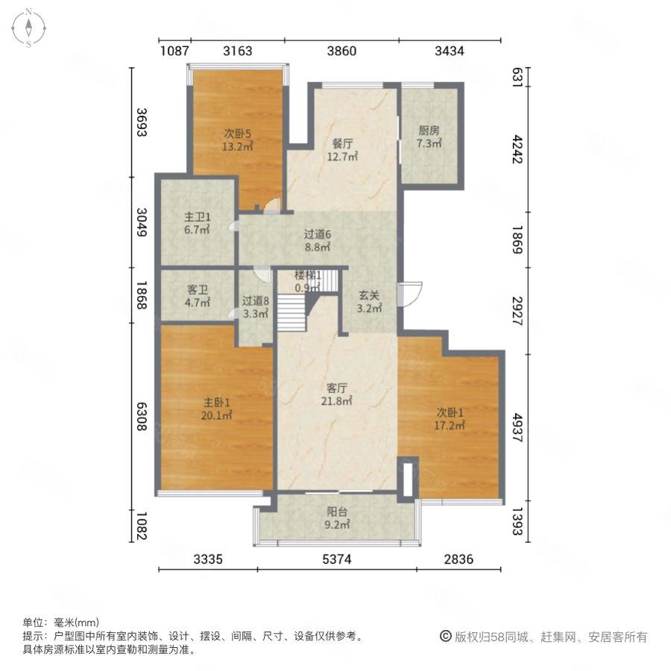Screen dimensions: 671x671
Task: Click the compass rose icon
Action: pyautogui.click(x=28, y=28)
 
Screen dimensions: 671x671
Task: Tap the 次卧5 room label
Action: pyautogui.click(x=238, y=139)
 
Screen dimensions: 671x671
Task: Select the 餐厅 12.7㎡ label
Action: pyautogui.click(x=342, y=150)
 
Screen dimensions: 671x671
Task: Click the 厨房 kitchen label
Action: pyautogui.click(x=429, y=137)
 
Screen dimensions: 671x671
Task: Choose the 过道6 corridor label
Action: pyautogui.click(x=317, y=241)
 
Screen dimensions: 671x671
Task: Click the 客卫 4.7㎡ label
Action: pyautogui.click(x=198, y=297)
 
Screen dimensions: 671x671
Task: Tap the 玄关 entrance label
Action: pyautogui.click(x=369, y=302)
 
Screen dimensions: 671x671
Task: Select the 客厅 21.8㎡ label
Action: pyautogui.click(x=337, y=394)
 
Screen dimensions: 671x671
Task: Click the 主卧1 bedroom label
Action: pyautogui.click(x=216, y=409)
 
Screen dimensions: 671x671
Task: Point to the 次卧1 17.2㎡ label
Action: pyautogui.click(x=450, y=419)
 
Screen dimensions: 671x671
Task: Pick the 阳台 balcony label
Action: pyautogui.click(x=337, y=518)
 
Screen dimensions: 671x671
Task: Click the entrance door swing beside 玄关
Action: pyautogui.click(x=410, y=294)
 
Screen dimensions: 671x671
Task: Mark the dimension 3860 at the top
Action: pyautogui.click(x=341, y=51)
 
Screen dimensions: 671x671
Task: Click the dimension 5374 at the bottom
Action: pyautogui.click(x=337, y=559)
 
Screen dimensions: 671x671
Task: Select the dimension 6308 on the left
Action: pyautogui.click(x=142, y=416)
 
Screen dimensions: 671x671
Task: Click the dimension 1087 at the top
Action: pyautogui.click(x=174, y=51)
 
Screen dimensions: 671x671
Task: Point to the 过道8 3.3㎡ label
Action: pyautogui.click(x=256, y=307)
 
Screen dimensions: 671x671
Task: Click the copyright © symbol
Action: pyautogui.click(x=446, y=637)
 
